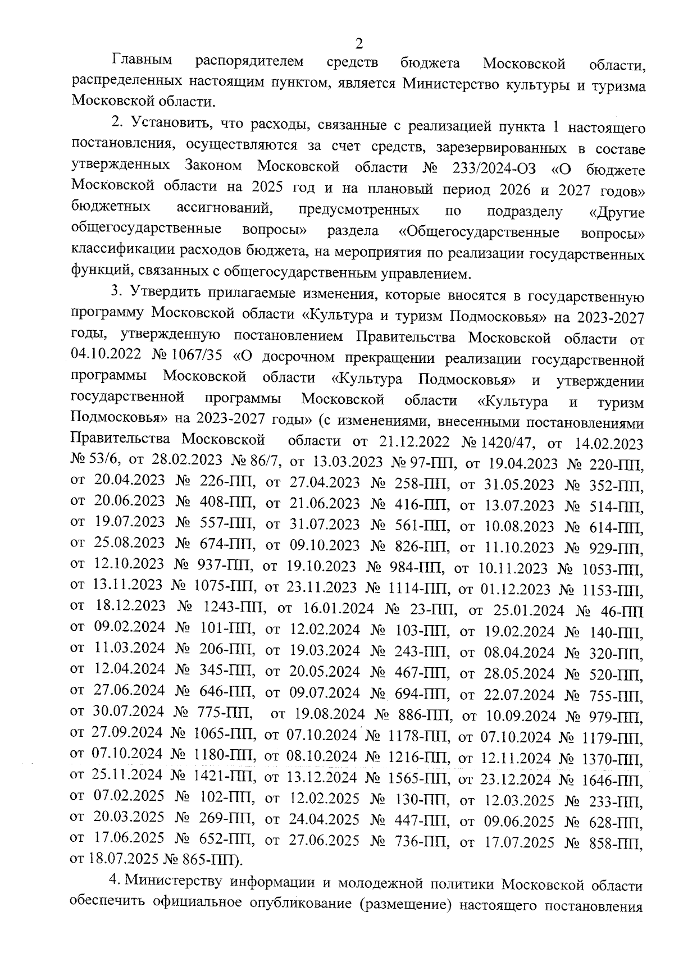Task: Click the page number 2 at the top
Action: click(x=359, y=44)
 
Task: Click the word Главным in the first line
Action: click(x=142, y=60)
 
